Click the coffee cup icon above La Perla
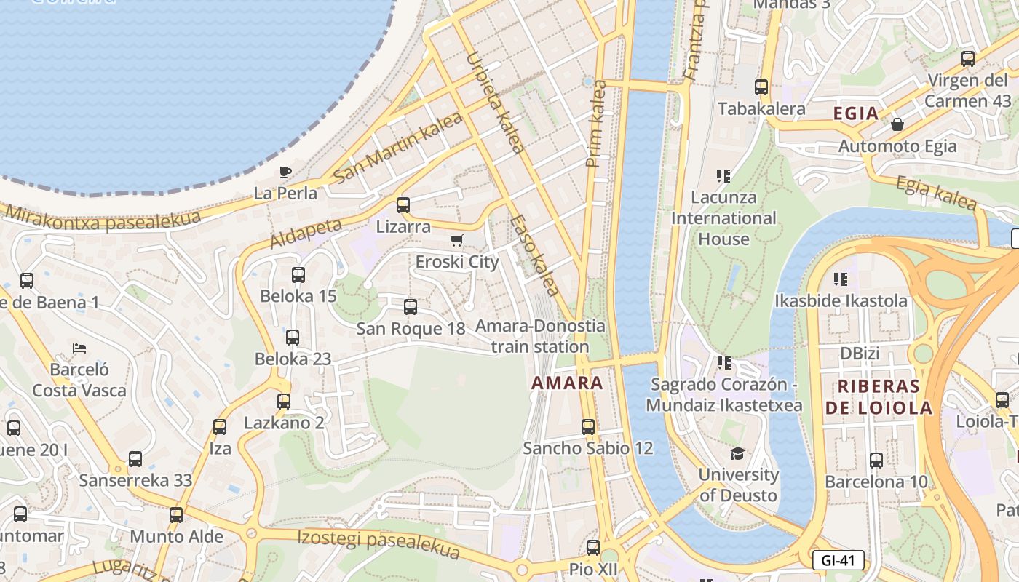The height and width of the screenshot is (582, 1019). [x=285, y=172]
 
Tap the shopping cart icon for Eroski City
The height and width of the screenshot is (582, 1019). [x=457, y=241]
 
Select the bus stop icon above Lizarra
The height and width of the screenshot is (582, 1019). [x=403, y=205]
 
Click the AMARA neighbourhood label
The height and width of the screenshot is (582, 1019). [x=567, y=383]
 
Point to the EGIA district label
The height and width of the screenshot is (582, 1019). [x=855, y=113]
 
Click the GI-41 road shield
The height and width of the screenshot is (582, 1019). [x=838, y=560]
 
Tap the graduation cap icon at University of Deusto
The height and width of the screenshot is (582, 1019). [x=737, y=453]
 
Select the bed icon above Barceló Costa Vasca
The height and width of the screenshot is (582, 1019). [x=79, y=348]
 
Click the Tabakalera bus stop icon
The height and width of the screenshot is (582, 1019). [x=761, y=87]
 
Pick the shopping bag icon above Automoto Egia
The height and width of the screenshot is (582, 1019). [x=897, y=124]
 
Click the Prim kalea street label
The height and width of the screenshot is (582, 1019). [x=596, y=124]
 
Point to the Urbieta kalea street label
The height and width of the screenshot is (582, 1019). [x=495, y=102]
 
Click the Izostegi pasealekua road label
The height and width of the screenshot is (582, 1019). [x=378, y=543]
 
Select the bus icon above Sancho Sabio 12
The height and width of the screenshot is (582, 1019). [x=588, y=427]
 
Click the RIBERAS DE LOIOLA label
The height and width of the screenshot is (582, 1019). [x=879, y=396]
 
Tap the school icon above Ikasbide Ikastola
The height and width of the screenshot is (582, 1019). [x=841, y=279]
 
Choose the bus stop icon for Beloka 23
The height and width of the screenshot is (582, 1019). [x=293, y=338]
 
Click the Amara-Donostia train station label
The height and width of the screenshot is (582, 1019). [x=540, y=336]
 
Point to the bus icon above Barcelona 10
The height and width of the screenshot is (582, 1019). [x=876, y=461]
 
